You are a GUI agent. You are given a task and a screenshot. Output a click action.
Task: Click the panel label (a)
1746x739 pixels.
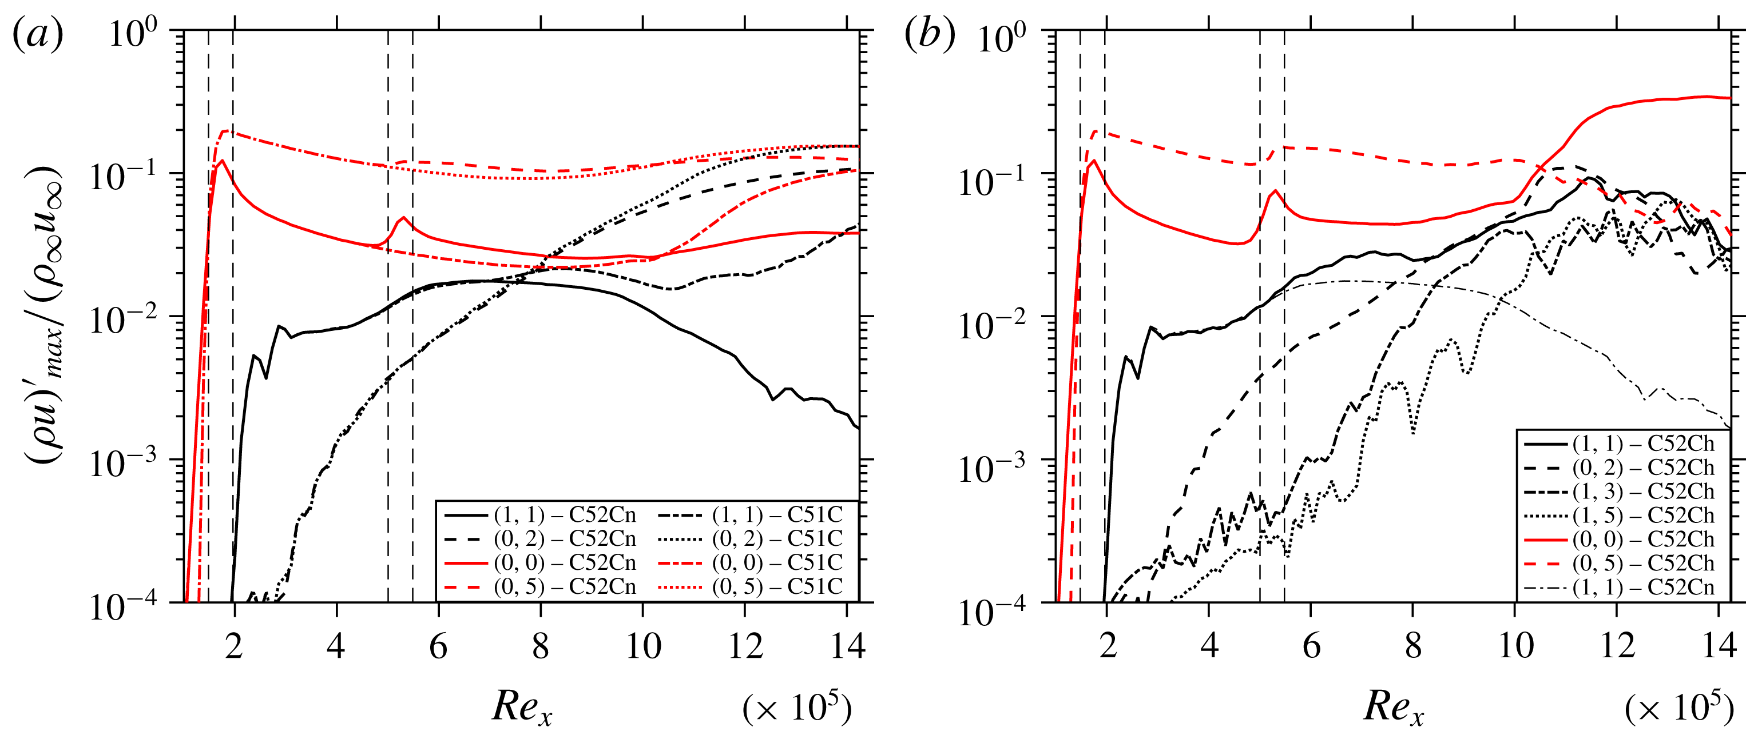[x=38, y=34]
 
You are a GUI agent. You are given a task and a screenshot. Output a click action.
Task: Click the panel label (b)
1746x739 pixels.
[x=929, y=34]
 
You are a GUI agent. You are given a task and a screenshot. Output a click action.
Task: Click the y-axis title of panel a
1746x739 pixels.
[x=44, y=315]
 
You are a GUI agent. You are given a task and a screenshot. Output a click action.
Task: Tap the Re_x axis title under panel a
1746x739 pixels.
[x=522, y=707]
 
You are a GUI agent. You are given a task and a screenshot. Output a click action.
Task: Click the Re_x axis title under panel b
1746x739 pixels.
[x=1394, y=707]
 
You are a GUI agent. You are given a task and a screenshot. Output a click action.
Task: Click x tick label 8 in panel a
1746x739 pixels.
[x=540, y=646]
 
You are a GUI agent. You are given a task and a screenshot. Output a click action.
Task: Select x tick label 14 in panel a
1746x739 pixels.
[x=847, y=646]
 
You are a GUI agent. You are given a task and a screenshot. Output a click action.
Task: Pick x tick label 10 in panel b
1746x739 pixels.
[x=1515, y=646]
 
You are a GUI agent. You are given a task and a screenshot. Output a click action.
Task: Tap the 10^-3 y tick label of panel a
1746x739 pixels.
[x=122, y=464]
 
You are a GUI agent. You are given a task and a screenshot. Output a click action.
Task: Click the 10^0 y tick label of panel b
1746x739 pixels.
[x=1001, y=37]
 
